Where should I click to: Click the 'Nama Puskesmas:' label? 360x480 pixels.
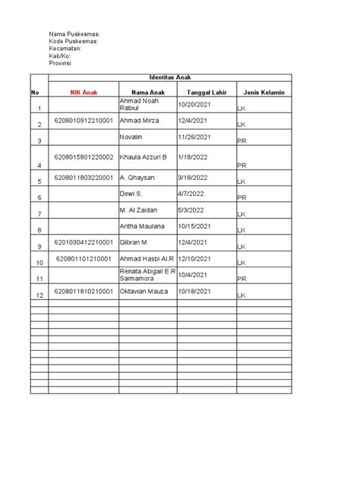click(74, 35)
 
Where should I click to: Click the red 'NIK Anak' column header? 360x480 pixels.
click(84, 92)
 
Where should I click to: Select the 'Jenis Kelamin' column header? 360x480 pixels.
click(264, 92)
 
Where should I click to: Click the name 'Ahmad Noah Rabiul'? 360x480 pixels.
click(137, 105)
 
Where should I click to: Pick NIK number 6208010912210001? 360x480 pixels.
click(84, 121)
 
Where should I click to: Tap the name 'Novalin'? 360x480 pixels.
click(132, 137)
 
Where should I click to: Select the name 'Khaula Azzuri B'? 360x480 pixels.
click(143, 157)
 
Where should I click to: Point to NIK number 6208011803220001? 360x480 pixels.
click(84, 178)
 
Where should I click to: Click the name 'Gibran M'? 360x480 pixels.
click(135, 242)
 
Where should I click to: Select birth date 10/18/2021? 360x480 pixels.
click(196, 291)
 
